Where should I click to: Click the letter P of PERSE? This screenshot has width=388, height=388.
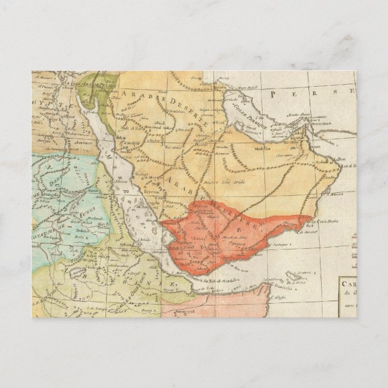pyautogui.click(x=274, y=94)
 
